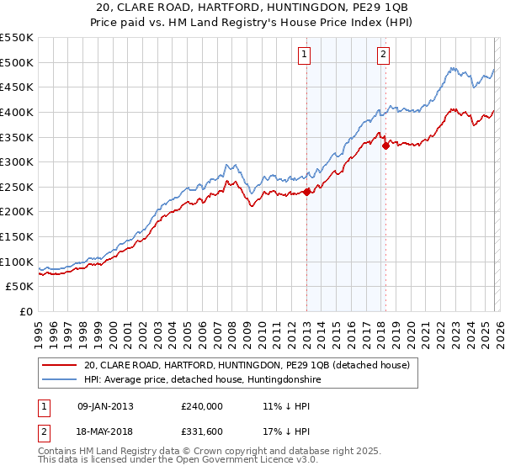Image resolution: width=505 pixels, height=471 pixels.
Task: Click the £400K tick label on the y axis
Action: pyautogui.click(x=16, y=112)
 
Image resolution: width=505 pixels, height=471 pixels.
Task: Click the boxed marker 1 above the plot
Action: pyautogui.click(x=303, y=56)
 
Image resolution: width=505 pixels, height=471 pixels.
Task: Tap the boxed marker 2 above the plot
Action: pyautogui.click(x=383, y=56)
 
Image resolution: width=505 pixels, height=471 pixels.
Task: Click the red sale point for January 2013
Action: pyautogui.click(x=307, y=191)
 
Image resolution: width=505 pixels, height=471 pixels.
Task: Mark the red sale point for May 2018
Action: pyautogui.click(x=385, y=146)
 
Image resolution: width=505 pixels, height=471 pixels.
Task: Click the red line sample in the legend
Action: pyautogui.click(x=59, y=365)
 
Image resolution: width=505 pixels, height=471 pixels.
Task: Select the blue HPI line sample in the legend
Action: pyautogui.click(x=59, y=380)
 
